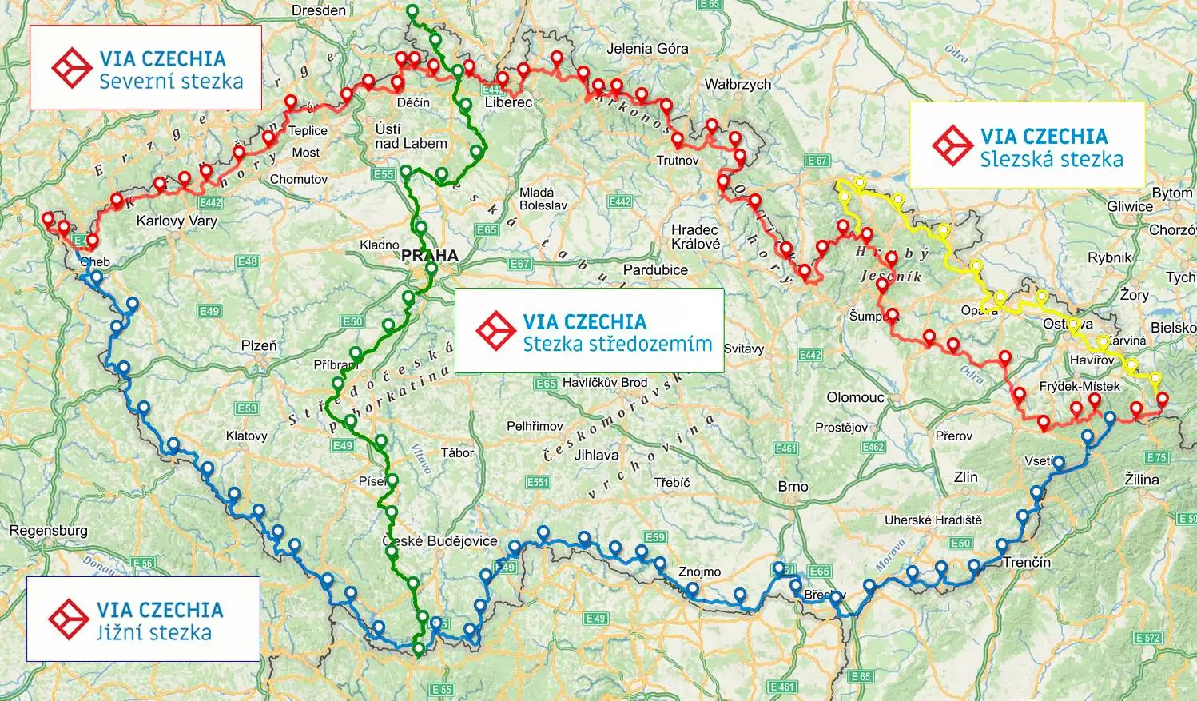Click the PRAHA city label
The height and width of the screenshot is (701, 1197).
point(430,256)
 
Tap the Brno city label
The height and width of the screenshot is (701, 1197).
point(793,486)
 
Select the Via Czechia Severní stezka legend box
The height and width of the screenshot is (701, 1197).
point(145,67)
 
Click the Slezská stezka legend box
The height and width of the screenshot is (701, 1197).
point(1027,145)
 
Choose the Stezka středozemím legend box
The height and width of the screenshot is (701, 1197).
point(589,331)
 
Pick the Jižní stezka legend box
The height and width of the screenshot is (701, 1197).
point(143,619)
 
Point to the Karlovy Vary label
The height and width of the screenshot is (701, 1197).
point(177,221)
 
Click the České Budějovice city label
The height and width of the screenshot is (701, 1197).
point(440,541)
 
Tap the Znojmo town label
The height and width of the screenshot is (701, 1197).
point(699,572)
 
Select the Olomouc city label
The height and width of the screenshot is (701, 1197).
point(855,397)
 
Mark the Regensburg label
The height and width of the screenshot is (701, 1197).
point(48,531)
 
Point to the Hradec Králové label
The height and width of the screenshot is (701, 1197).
point(695,237)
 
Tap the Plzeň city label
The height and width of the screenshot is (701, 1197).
point(259,345)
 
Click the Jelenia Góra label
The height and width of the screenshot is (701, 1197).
point(647,48)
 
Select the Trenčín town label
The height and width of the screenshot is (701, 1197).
point(1027,562)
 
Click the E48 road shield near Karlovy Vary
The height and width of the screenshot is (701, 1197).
point(248,261)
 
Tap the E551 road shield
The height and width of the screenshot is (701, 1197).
point(538,482)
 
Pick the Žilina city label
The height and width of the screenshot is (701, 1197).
point(1141,480)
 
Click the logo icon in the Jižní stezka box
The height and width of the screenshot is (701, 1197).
point(68,619)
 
